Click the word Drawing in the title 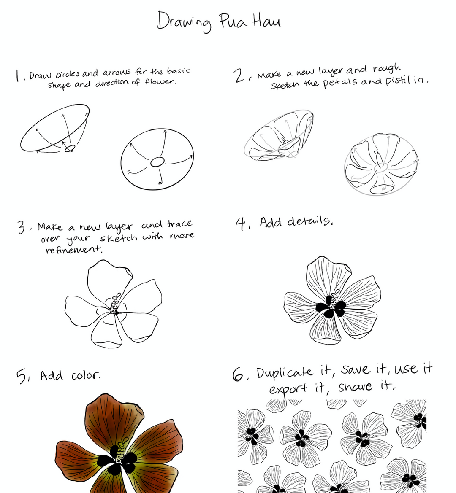(x=184, y=22)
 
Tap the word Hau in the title (x=266, y=21)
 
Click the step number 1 (x=18, y=76)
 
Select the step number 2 (x=239, y=76)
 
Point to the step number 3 (x=22, y=227)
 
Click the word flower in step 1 (x=160, y=82)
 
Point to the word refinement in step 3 (x=74, y=250)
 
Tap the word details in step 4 (x=309, y=221)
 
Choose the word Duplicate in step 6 (x=285, y=373)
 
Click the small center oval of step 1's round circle (x=157, y=162)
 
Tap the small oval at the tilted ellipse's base (x=70, y=148)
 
